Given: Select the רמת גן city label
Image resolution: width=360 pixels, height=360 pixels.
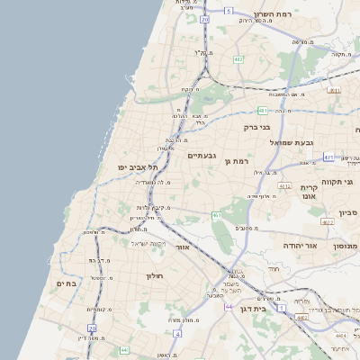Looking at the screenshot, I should click(x=237, y=161).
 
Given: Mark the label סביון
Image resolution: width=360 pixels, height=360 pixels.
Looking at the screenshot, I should click(x=348, y=212).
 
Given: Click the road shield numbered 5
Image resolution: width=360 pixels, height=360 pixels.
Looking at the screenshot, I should click(x=229, y=11).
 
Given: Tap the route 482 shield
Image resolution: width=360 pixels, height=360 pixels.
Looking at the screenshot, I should click(x=238, y=59).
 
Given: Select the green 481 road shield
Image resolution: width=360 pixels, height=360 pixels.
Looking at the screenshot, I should click(x=262, y=110).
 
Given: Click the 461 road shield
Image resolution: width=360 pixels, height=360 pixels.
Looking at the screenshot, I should click(x=217, y=215).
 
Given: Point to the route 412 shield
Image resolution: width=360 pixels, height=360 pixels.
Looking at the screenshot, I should click(x=284, y=186).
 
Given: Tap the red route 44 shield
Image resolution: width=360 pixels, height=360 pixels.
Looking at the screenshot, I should click(x=229, y=307).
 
